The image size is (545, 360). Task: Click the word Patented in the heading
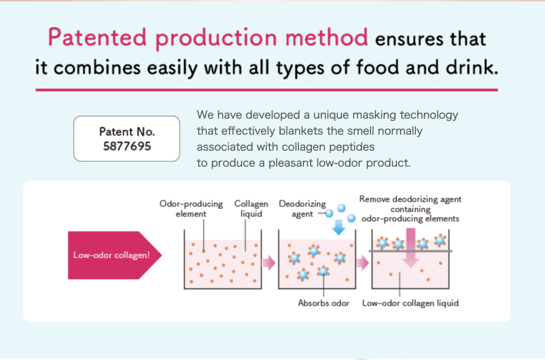(97, 37)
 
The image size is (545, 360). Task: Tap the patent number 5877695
(127, 147)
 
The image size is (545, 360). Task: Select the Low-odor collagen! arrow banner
(114, 255)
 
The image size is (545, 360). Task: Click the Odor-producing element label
(191, 209)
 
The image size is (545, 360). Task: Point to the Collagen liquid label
(251, 209)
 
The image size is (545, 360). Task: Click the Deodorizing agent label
(302, 209)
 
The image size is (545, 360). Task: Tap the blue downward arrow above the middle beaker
(338, 227)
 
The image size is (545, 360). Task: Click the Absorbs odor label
(324, 303)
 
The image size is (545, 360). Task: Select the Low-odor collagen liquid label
(410, 303)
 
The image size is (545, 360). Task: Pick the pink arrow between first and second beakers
(269, 263)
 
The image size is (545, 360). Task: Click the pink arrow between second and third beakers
(362, 263)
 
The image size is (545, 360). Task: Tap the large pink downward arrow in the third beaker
(411, 247)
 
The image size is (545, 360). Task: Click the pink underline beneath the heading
(267, 90)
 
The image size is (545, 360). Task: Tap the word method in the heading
(326, 37)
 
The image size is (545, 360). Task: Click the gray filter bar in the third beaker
(410, 251)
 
